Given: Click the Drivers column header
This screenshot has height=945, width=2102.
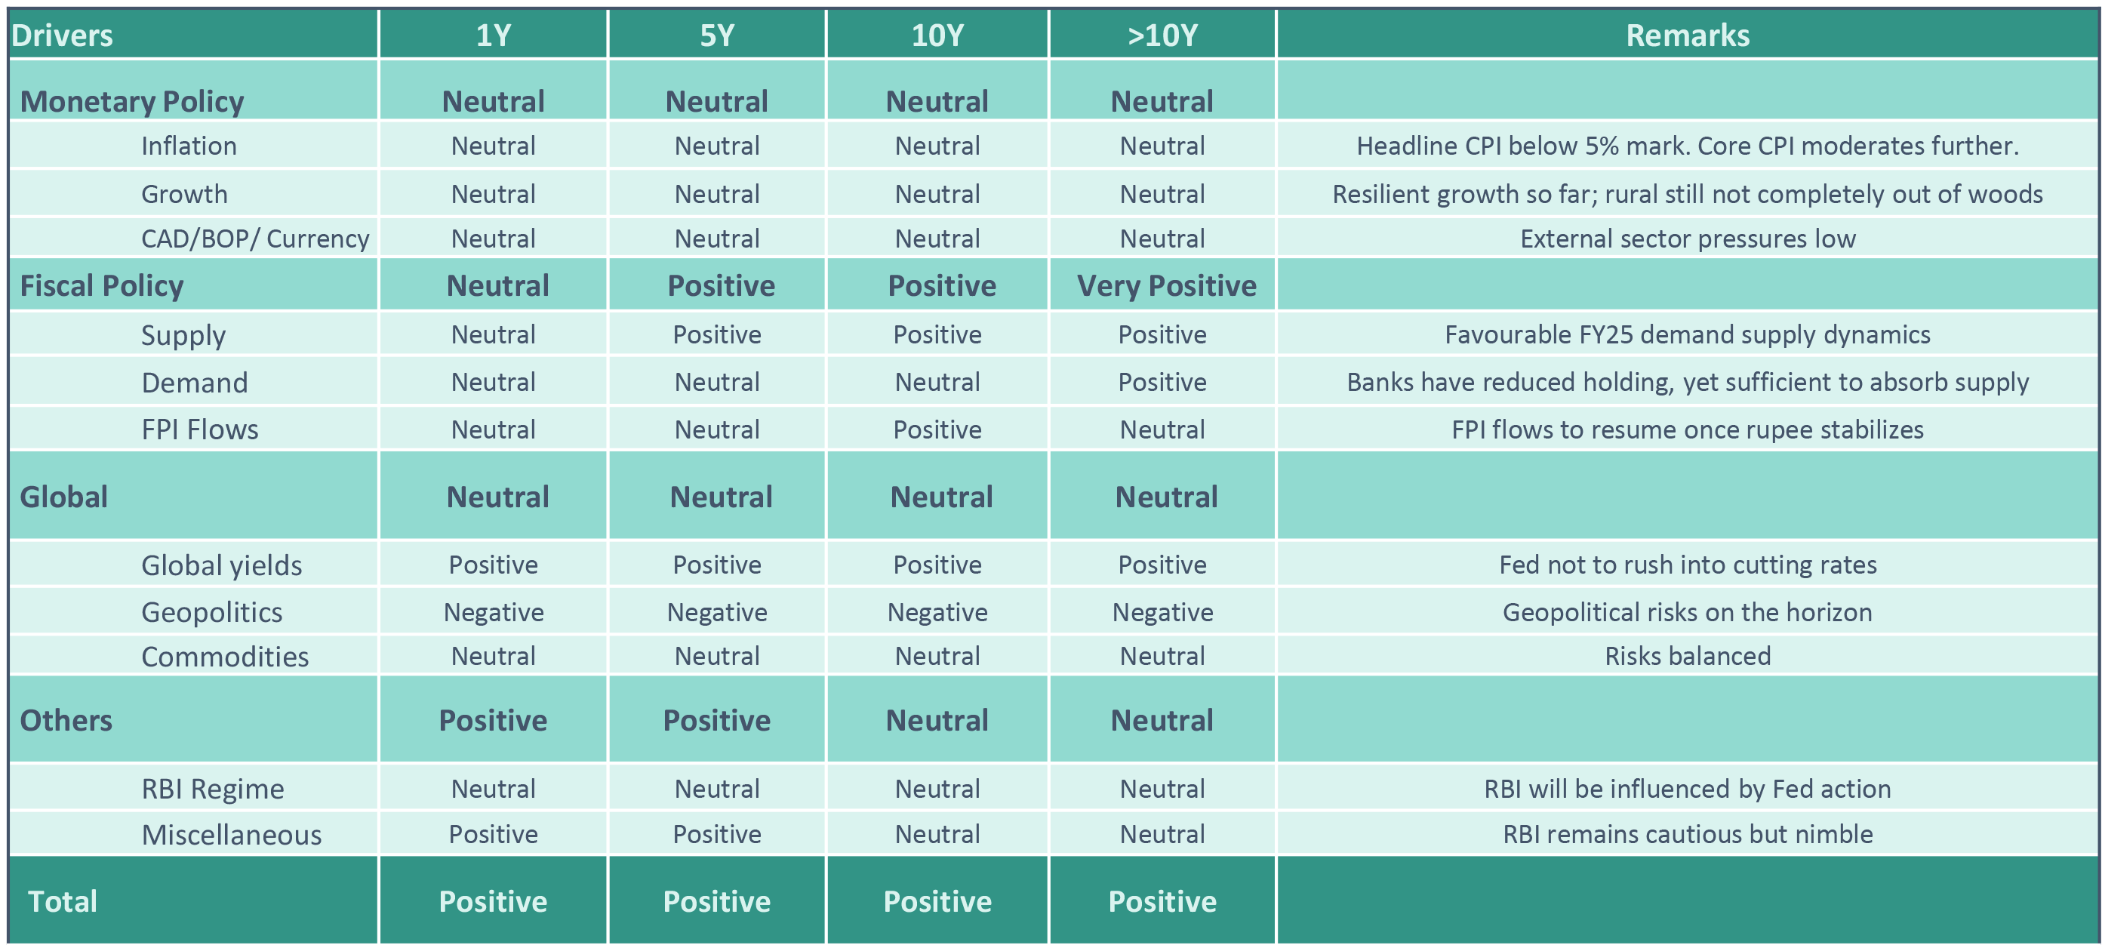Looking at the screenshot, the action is pos(62,35).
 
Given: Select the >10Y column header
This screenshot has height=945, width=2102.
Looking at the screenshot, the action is pos(1162,35).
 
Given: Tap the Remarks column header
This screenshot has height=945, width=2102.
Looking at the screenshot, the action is pos(1688,35).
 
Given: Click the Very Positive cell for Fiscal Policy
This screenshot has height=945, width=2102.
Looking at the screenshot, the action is pos(1166,285).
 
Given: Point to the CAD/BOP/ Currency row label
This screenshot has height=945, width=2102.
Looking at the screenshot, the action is pos(254,239).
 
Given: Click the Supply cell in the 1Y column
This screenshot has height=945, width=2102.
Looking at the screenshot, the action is pos(493,334).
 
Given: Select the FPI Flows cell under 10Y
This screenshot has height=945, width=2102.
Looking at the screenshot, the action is pos(937,429).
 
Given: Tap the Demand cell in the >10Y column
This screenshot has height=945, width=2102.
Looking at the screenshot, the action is pos(1162,382).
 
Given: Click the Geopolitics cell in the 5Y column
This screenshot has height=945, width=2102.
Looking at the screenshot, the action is pos(716,612).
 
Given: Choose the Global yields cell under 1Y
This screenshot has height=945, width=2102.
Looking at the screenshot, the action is pos(493,565).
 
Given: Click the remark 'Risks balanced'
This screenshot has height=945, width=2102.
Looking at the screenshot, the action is pos(1688,656).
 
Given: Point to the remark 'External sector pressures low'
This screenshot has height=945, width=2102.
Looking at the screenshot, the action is pos(1688,239).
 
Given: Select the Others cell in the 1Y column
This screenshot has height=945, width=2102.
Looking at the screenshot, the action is pos(493,720).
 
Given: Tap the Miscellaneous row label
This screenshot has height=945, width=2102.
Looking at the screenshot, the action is pos(232,835).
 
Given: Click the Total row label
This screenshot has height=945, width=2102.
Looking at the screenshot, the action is pos(62,901).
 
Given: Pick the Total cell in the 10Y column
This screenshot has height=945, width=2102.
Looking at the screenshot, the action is pos(937,901).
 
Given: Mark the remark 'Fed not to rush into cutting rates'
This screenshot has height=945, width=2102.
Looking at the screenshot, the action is pos(1688,565).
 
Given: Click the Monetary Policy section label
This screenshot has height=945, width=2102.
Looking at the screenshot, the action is pos(131,101).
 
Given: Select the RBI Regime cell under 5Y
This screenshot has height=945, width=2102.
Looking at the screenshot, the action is pos(716,788).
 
